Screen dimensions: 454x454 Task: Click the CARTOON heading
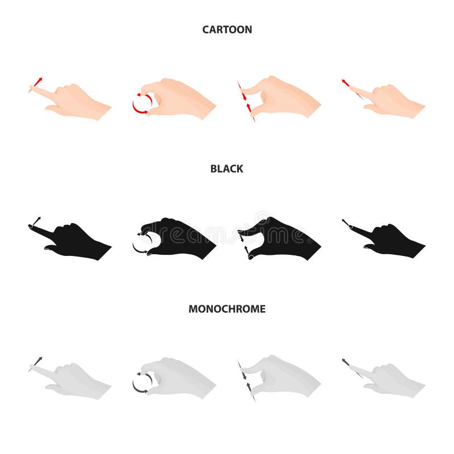pyautogui.click(x=227, y=30)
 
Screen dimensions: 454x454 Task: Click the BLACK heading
pyautogui.click(x=227, y=169)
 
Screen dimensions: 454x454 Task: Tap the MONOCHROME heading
pyautogui.click(x=227, y=309)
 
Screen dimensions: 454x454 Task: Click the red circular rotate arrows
pyautogui.click(x=142, y=103)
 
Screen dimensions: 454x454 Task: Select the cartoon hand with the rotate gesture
pyautogui.click(x=179, y=99)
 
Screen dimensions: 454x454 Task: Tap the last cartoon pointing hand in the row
pyautogui.click(x=392, y=101)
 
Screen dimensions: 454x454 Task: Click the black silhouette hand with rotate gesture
pyautogui.click(x=179, y=237)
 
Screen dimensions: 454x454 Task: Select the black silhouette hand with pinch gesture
pyautogui.click(x=284, y=237)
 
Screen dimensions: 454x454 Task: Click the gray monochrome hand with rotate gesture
pyautogui.click(x=179, y=377)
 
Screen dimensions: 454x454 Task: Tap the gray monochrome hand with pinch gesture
pyautogui.click(x=284, y=376)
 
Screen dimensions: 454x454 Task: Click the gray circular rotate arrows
pyautogui.click(x=141, y=382)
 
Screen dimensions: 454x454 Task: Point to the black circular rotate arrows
pyautogui.click(x=141, y=243)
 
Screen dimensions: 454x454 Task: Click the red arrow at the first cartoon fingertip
pyautogui.click(x=37, y=82)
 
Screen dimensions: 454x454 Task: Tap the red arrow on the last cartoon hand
pyautogui.click(x=346, y=83)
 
